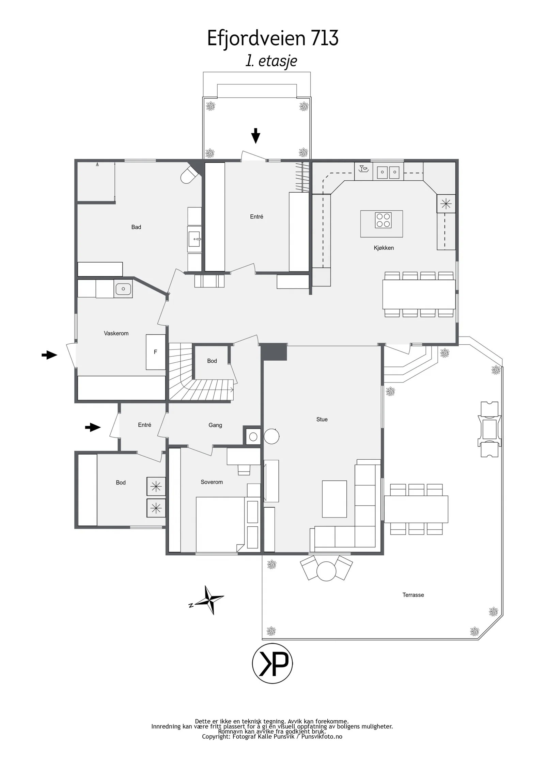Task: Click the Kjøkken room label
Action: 384,248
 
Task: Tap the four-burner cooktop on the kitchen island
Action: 383,220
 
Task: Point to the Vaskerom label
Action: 116,333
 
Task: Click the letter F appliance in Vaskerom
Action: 156,352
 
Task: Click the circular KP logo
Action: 272,663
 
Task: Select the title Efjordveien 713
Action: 273,38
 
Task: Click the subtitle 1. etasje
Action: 271,61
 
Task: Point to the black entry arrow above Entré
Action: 255,136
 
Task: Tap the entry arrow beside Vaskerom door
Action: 49,355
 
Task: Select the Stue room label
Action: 322,420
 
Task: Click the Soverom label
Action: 212,482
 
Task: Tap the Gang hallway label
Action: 215,425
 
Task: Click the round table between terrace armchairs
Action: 326,571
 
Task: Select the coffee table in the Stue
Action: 334,499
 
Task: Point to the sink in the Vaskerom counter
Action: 123,289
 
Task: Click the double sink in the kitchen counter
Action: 388,172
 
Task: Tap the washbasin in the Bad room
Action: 194,239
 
